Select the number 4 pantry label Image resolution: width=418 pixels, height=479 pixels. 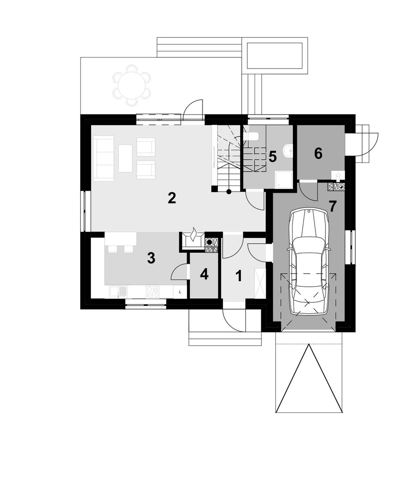coord(204,275)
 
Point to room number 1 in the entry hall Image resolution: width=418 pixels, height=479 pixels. coord(239,276)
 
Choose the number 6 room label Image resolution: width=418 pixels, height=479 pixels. coord(318,153)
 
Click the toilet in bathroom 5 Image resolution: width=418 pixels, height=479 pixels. coord(251,136)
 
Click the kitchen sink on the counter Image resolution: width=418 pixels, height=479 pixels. coord(118,292)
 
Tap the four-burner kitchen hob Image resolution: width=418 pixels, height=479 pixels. coord(153,292)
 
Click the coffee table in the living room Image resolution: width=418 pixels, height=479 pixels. coord(125,159)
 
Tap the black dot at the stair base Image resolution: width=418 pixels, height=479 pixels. coord(229,192)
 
